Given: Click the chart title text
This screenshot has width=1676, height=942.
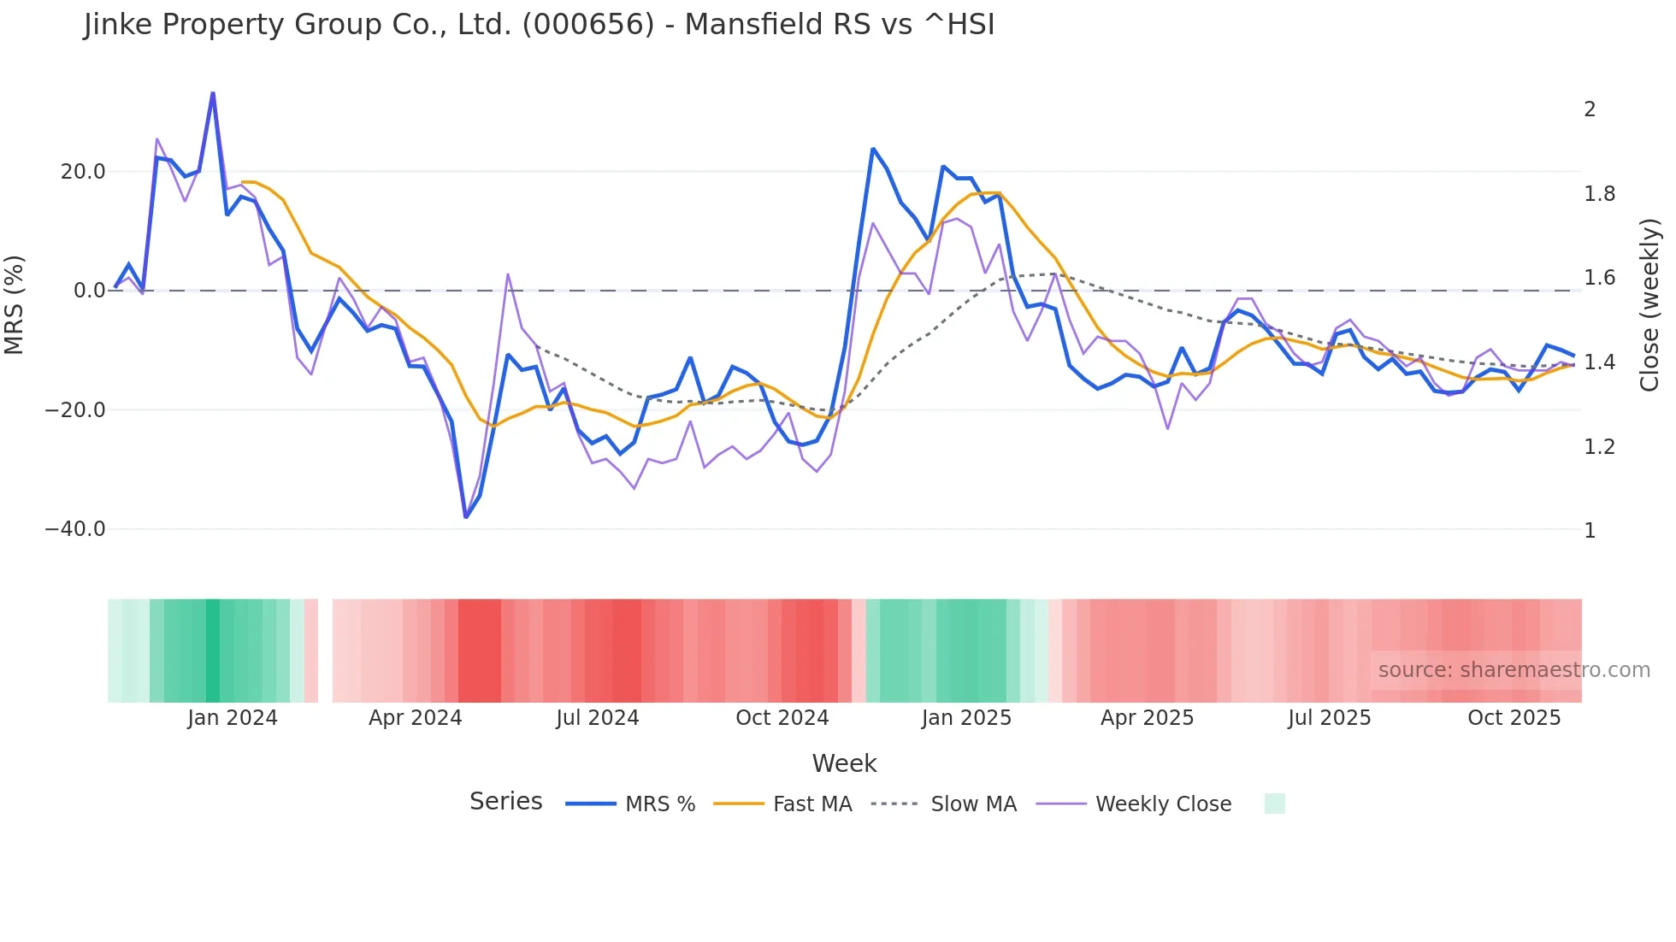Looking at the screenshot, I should click(x=539, y=25).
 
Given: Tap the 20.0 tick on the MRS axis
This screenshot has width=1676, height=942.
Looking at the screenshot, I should click(x=83, y=172).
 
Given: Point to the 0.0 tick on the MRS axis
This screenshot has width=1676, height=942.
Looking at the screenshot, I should click(x=90, y=291).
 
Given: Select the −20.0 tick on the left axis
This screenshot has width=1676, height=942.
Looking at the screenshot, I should click(x=75, y=410).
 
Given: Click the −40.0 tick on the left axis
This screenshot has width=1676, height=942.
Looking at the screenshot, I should click(x=75, y=529).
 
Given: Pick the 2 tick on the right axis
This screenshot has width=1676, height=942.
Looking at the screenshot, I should click(x=1590, y=109).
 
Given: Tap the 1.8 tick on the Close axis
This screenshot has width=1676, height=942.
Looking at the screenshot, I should click(x=1599, y=194).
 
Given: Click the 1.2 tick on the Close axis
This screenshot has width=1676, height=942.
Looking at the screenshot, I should click(x=1599, y=447).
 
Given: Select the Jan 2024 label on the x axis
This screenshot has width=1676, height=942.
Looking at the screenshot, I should click(x=233, y=718).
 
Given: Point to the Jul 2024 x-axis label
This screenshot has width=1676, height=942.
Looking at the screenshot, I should click(x=598, y=718).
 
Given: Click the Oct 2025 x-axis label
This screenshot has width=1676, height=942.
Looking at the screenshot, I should click(x=1514, y=718).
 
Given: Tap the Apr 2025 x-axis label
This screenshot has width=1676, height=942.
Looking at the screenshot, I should click(x=1147, y=718).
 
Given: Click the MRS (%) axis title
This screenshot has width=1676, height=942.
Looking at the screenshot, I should click(x=15, y=304).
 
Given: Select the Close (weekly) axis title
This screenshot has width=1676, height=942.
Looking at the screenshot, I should click(x=1649, y=304).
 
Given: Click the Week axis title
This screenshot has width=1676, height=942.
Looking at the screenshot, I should click(x=844, y=763).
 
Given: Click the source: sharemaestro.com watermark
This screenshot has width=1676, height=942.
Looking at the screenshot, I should click(x=1514, y=670).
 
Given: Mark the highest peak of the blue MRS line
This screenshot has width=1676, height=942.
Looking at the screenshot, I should click(x=213, y=93).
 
